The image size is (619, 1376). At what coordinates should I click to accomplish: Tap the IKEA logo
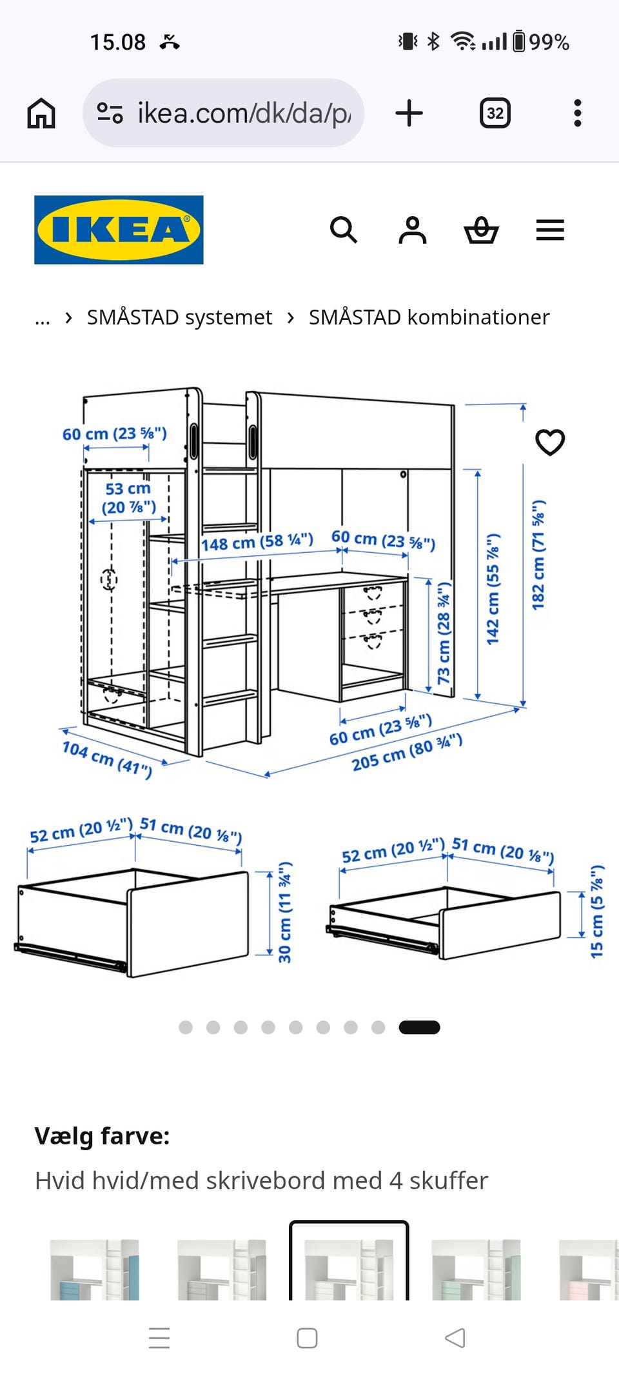119,230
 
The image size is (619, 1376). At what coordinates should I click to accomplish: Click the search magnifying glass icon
343,230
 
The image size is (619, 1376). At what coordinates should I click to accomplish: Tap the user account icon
413,230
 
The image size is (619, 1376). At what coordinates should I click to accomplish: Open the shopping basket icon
482,230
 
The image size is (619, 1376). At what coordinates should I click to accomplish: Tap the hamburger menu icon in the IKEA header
550,230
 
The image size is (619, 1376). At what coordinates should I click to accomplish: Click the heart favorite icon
550,443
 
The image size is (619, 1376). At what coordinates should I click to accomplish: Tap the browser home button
41,114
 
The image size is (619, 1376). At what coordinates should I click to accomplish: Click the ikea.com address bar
223,114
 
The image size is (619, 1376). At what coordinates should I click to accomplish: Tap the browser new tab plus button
409,114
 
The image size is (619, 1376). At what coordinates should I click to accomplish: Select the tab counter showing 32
495,114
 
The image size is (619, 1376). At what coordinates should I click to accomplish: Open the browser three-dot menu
578,114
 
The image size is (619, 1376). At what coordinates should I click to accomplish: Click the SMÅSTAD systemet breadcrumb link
179,317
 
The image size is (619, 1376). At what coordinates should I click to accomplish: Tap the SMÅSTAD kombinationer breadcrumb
429,317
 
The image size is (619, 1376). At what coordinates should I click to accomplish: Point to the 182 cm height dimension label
538,554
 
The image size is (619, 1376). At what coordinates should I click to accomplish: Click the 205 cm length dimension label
407,752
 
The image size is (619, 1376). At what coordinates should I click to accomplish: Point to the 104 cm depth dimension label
107,759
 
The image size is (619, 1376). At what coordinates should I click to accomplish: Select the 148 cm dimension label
257,542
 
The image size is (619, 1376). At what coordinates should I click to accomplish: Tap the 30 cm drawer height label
284,912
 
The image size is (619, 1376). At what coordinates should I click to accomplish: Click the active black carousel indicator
419,1028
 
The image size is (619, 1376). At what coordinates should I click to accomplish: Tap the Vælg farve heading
102,1136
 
